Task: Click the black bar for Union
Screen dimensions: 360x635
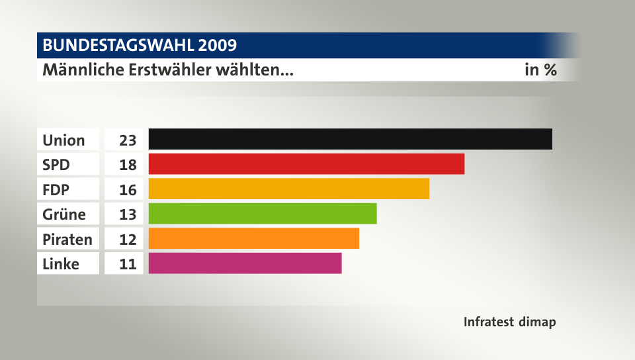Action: point(350,139)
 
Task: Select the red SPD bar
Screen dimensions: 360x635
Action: point(306,163)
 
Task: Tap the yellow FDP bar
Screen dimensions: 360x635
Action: point(289,189)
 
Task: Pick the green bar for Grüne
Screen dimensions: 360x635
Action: point(263,213)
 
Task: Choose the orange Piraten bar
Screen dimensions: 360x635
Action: point(254,238)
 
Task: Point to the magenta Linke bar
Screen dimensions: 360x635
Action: point(245,263)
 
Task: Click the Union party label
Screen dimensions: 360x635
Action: point(63,140)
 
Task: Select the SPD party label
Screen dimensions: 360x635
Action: point(57,165)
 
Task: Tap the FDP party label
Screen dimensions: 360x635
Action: point(56,190)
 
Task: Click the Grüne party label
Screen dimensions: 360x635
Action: point(63,214)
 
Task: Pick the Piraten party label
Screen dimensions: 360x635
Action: point(67,239)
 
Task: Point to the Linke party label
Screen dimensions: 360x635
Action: point(61,264)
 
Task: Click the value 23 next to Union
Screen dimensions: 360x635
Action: point(128,140)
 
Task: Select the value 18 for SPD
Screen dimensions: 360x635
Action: point(128,165)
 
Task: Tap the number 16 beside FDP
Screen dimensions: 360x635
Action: point(128,190)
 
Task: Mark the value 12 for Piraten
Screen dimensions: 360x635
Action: point(128,239)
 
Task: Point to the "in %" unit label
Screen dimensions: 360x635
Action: point(540,69)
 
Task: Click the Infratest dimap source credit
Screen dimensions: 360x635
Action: point(509,322)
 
